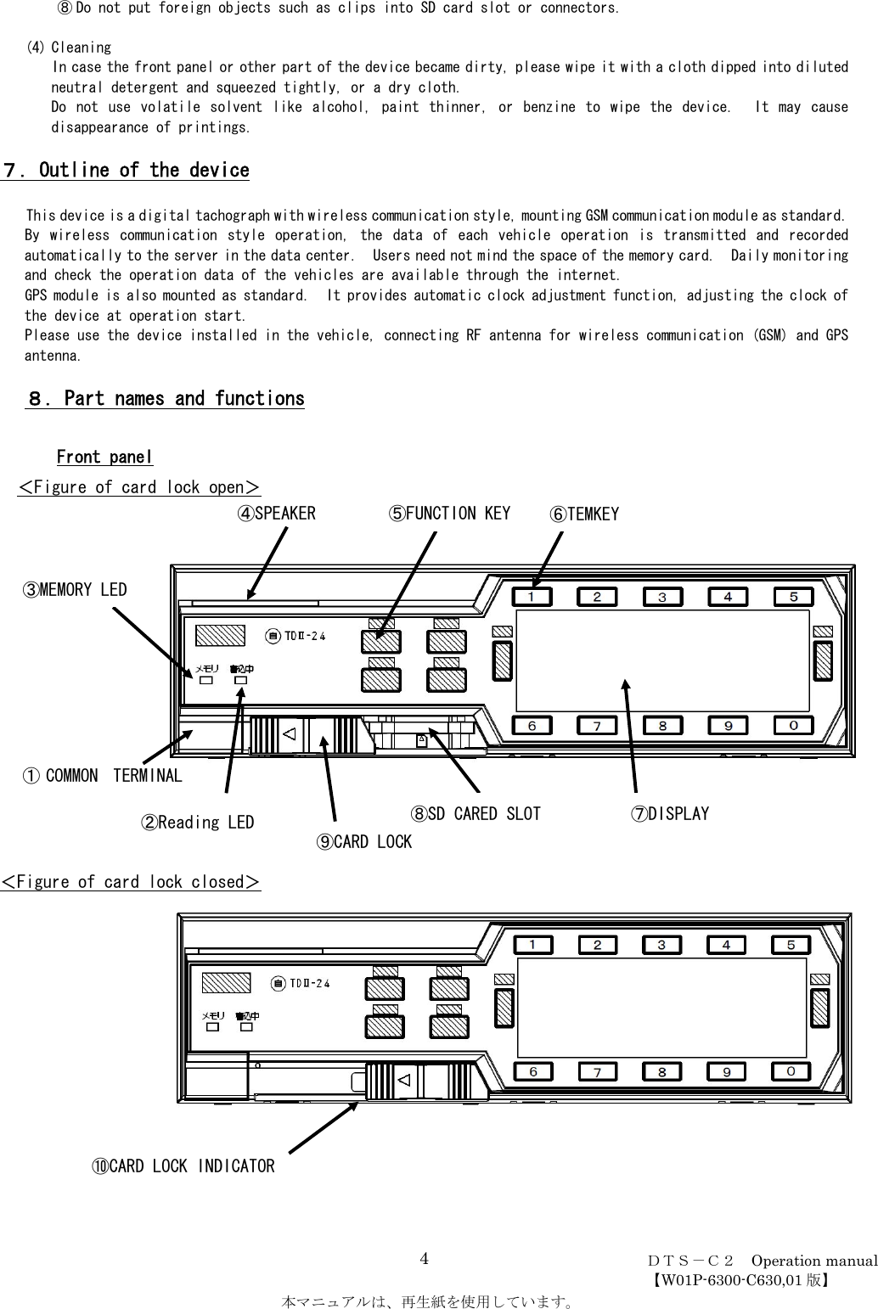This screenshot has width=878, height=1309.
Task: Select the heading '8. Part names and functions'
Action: tap(165, 398)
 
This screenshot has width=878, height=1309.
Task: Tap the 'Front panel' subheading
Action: tap(104, 458)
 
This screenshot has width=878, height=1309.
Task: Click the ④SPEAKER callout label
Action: tap(276, 514)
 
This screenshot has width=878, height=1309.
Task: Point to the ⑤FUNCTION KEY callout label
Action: tap(450, 514)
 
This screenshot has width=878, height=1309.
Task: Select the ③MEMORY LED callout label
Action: tap(75, 589)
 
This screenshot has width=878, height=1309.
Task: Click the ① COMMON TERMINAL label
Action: tap(102, 775)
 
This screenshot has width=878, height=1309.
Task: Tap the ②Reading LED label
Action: tap(197, 822)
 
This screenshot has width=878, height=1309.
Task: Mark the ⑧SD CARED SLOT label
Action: tap(476, 813)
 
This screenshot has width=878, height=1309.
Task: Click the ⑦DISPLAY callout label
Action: tap(669, 813)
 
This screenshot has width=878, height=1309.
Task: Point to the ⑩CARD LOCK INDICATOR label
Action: tap(183, 1166)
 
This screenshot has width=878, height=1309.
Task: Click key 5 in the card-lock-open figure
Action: tap(793, 597)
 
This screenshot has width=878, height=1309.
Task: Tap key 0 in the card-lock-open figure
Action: tap(793, 726)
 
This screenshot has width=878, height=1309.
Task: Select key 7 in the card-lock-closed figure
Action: tap(598, 1072)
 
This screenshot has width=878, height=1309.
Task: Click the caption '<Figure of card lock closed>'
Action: tap(131, 882)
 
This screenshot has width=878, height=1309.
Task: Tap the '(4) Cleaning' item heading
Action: tap(69, 48)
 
